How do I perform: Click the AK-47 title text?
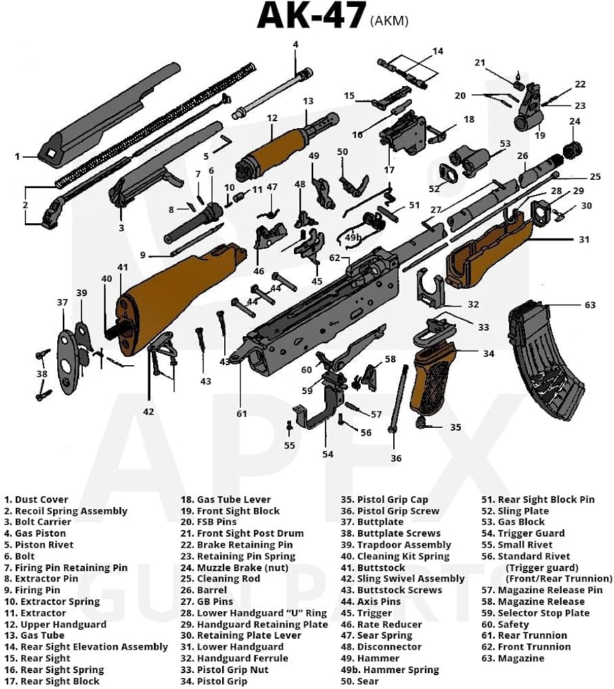point(310,17)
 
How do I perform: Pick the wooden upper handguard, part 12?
point(273,155)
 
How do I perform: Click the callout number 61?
point(241,414)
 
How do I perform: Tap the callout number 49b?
point(353,237)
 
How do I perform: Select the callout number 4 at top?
point(295,45)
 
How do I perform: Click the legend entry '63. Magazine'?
point(513,658)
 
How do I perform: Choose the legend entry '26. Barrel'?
point(204,590)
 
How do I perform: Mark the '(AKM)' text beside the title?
point(389,21)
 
